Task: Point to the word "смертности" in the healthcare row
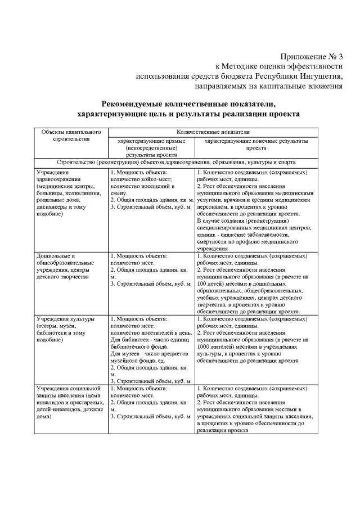click(216, 241)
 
